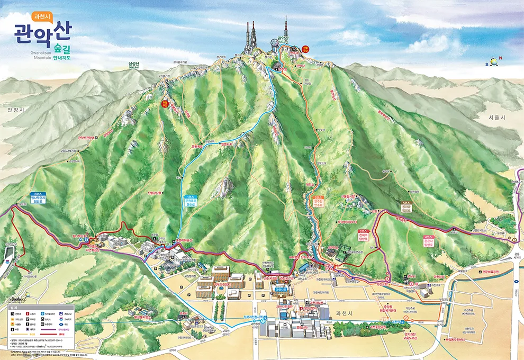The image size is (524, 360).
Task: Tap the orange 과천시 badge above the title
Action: click(42, 16)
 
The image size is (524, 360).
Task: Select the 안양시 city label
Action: click(16, 110)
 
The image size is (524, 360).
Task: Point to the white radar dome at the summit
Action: click(275, 43)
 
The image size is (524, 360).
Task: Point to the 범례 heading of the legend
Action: click(15, 307)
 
